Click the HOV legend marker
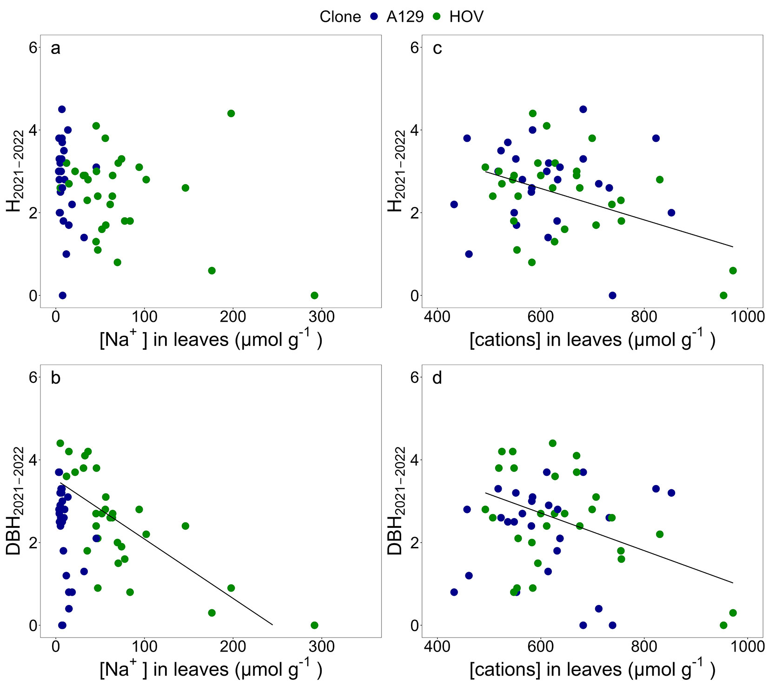pos(437,17)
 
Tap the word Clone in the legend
pos(340,17)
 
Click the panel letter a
pos(55,48)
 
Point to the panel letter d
pos(437,378)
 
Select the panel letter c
pos(437,48)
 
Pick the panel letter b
pos(55,378)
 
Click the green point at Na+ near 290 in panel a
pos(314,295)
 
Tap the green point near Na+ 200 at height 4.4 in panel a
pos(231,113)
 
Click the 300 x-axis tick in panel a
pos(322,317)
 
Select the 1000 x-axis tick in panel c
pos(747,317)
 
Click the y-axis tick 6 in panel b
pos(33,377)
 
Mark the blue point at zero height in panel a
pos(63,295)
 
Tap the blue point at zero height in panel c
pos(612,295)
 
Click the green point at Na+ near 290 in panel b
pos(314,625)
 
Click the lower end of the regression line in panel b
pos(272,625)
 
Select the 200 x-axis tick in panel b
pos(233,647)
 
